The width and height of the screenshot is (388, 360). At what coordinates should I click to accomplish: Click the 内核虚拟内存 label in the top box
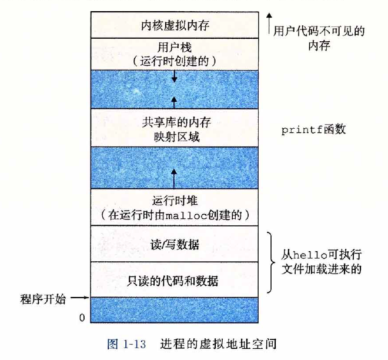176,25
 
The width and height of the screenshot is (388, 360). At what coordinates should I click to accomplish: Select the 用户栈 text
176,46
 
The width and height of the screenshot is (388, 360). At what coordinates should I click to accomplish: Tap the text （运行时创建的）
176,60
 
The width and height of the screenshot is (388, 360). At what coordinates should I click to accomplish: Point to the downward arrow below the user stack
174,77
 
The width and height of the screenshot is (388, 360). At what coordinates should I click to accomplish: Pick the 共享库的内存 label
176,123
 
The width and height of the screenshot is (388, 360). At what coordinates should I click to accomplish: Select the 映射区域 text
176,137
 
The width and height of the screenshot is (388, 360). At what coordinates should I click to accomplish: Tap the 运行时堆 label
176,199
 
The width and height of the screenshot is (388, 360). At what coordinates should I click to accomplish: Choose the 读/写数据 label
176,244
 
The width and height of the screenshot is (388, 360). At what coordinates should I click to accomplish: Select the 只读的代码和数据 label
176,280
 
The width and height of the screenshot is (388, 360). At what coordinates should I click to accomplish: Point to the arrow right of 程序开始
79,298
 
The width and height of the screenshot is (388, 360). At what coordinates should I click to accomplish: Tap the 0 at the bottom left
82,318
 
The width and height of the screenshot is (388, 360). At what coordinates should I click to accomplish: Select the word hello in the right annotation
309,256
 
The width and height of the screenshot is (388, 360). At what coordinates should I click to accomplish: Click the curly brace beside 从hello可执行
270,262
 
